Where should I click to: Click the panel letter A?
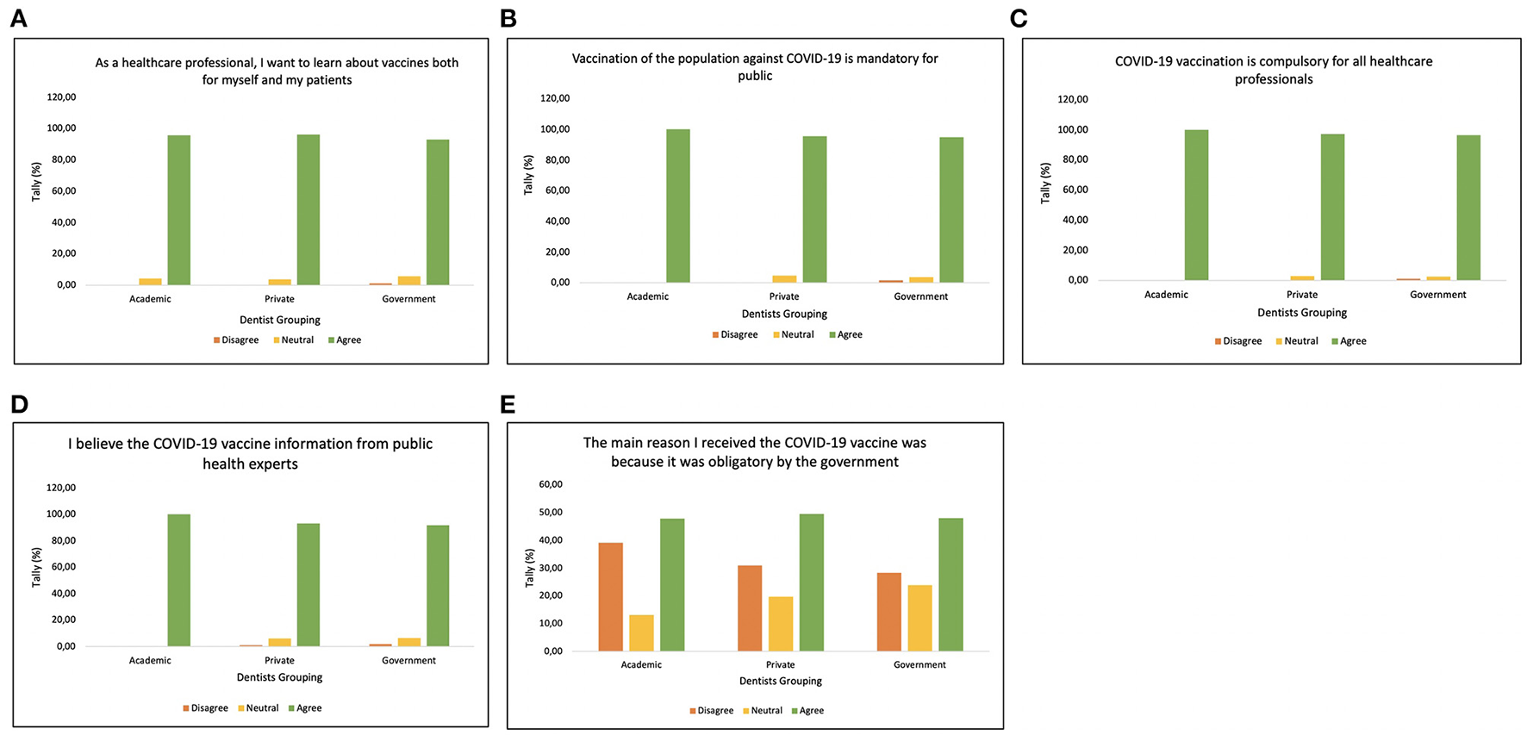(x=18, y=18)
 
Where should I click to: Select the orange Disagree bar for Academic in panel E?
(x=610, y=596)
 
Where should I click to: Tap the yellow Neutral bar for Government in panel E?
(x=919, y=618)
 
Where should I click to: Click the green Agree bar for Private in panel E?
(x=811, y=582)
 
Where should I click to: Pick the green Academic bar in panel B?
(x=677, y=206)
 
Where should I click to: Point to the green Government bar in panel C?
(x=1468, y=208)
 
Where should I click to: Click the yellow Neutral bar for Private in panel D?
(x=279, y=642)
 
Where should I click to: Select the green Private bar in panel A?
(x=308, y=209)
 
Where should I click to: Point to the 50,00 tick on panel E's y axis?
(x=550, y=513)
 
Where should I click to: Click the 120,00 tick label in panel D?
(x=59, y=488)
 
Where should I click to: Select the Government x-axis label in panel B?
(x=920, y=296)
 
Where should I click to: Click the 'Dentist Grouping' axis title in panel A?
(x=279, y=320)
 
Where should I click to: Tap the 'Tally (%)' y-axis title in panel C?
(x=1045, y=183)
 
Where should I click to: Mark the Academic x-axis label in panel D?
(x=150, y=661)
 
